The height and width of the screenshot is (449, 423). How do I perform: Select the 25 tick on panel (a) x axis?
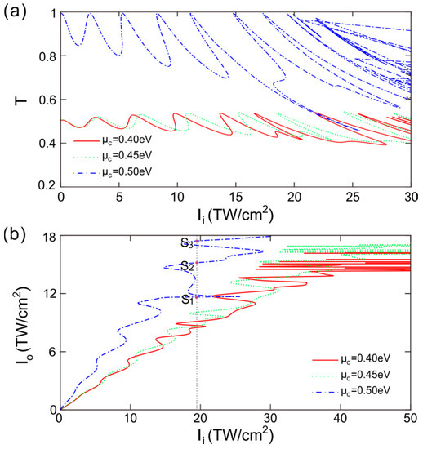point(353,198)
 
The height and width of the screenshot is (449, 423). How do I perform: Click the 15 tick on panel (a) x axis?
point(236,198)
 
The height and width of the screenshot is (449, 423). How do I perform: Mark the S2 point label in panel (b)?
point(187,266)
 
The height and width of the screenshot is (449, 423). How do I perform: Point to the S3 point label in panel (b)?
point(187,242)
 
